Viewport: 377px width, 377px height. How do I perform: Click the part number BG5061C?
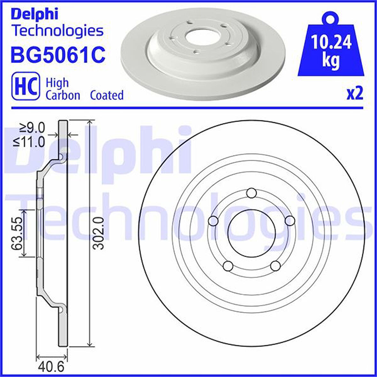tap(58, 55)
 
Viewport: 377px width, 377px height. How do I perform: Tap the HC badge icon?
tap(26, 86)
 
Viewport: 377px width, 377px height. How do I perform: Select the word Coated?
tap(107, 95)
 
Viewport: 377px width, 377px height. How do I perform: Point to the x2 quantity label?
tap(355, 94)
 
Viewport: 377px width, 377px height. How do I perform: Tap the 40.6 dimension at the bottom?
tap(51, 367)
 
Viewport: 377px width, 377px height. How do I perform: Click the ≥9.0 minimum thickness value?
tap(32, 128)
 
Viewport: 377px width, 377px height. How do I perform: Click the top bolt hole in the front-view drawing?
tap(252, 193)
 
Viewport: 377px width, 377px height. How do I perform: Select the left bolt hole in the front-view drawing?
tap(213, 221)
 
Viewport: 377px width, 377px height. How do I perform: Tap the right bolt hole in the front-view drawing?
tap(290, 221)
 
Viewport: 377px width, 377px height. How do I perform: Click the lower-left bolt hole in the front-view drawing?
tap(228, 266)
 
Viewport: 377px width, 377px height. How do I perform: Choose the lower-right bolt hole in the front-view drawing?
tap(275, 266)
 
